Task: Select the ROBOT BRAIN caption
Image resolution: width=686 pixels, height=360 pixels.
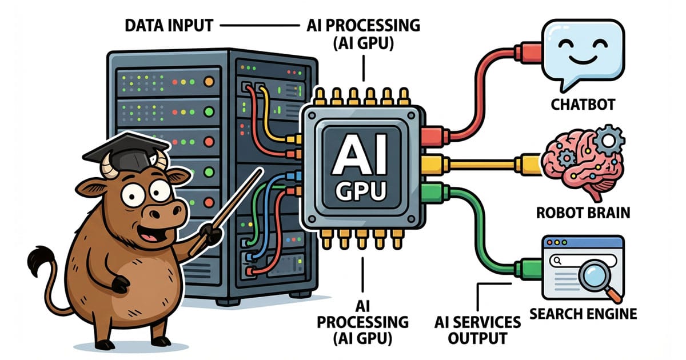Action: (583, 213)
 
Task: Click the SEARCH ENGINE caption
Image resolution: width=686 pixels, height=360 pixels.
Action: (583, 313)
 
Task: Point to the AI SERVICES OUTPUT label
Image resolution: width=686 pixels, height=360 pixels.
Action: (477, 330)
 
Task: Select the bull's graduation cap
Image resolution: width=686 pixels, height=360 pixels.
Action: (125, 149)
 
